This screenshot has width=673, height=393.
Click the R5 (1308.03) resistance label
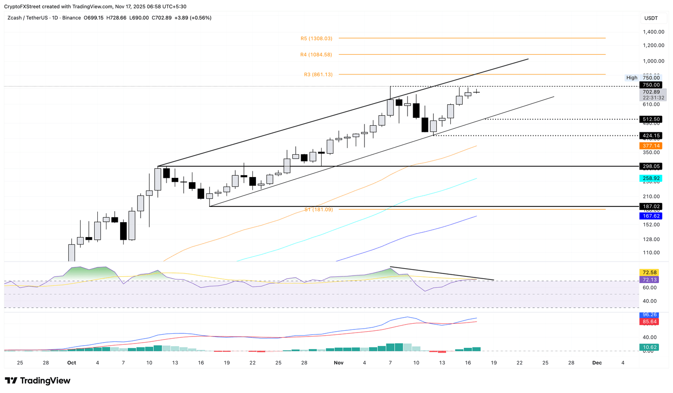316,39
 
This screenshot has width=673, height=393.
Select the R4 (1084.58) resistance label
316,55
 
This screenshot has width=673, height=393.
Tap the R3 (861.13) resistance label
318,74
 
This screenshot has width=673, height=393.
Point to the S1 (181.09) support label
319,210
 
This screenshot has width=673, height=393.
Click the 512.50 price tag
651,119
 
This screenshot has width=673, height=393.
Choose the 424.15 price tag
651,136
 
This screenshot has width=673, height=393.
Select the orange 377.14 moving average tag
651,146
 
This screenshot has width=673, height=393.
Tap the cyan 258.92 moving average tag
651,179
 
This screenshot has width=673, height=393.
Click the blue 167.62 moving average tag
651,216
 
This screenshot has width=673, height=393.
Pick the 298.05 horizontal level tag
651,166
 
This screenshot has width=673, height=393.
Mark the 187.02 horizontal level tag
651,206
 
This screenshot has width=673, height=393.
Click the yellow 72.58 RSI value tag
649,273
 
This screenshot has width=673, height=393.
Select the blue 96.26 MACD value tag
649,315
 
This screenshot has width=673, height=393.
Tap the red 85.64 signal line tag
649,322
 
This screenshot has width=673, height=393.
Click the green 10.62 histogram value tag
649,347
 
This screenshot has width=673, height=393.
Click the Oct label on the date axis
71,363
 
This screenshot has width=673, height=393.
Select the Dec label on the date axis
597,363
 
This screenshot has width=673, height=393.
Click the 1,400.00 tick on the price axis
653,32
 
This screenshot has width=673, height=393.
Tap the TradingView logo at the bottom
38,381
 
